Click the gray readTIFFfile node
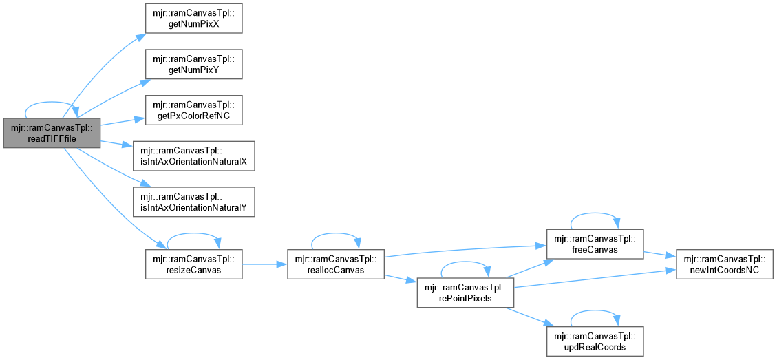pyautogui.click(x=52, y=133)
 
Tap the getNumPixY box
pyautogui.click(x=193, y=65)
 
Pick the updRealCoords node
pyautogui.click(x=595, y=341)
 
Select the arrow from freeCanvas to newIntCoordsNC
pyautogui.click(x=659, y=255)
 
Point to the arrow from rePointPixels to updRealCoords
pyautogui.click(x=531, y=317)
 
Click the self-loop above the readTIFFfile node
pyautogui.click(x=52, y=104)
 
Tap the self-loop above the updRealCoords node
pyautogui.click(x=595, y=310)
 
